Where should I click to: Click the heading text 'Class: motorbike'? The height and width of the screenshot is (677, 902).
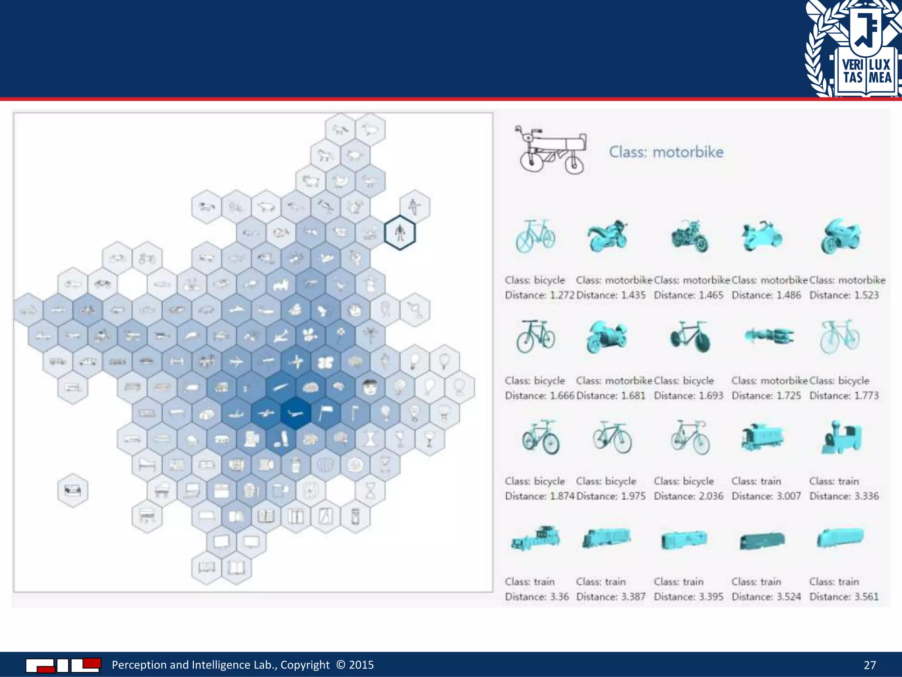pyautogui.click(x=666, y=152)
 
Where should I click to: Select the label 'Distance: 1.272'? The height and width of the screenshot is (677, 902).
pyautogui.click(x=539, y=295)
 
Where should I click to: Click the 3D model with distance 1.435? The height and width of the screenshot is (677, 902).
pyautogui.click(x=607, y=236)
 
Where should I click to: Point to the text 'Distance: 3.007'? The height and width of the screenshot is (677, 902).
pyautogui.click(x=766, y=496)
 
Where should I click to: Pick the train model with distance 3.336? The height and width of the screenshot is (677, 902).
pyautogui.click(x=841, y=438)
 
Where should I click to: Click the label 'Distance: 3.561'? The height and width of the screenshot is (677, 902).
pyautogui.click(x=844, y=597)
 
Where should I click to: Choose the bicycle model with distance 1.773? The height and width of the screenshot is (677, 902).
pyautogui.click(x=839, y=337)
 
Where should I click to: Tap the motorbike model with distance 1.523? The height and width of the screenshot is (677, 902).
pyautogui.click(x=840, y=236)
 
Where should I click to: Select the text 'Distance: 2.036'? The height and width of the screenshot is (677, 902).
pyautogui.click(x=688, y=496)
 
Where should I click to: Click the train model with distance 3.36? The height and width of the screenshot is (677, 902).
pyautogui.click(x=536, y=539)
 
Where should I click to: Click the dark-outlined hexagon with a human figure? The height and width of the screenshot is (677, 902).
pyautogui.click(x=399, y=233)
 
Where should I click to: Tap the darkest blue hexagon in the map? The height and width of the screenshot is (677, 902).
pyautogui.click(x=296, y=413)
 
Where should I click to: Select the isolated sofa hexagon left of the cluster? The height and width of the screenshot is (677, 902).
pyautogui.click(x=73, y=490)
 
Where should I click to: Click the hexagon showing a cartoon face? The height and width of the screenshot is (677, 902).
pyautogui.click(x=370, y=387)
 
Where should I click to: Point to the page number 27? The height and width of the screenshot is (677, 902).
pyautogui.click(x=869, y=665)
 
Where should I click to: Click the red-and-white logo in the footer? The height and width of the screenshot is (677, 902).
pyautogui.click(x=63, y=665)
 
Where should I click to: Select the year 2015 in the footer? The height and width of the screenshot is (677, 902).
pyautogui.click(x=361, y=665)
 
